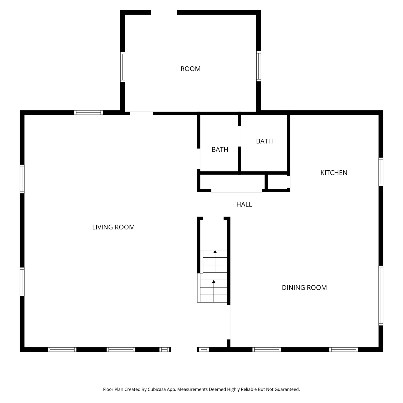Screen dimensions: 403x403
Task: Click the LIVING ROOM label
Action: click(113, 227)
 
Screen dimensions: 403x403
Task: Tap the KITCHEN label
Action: click(334, 173)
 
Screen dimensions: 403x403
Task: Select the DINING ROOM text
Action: click(304, 287)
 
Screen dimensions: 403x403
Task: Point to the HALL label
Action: click(244, 204)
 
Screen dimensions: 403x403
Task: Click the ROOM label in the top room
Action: click(190, 69)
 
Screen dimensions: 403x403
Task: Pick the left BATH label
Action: click(220, 149)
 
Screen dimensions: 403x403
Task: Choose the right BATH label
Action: click(264, 141)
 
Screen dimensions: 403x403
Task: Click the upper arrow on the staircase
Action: click(215, 261)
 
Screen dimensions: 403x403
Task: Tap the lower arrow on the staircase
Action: click(214, 291)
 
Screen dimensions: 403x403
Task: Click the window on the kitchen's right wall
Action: click(381, 172)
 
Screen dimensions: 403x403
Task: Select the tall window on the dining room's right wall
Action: click(381, 296)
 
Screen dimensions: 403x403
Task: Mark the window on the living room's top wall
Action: click(88, 113)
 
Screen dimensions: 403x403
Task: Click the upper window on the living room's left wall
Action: click(22, 179)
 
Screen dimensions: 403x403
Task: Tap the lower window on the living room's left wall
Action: click(22, 282)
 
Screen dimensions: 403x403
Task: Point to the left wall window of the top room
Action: click(123, 67)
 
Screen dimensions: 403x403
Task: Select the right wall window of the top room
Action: click(258, 66)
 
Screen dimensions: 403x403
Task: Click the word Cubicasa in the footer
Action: click(157, 389)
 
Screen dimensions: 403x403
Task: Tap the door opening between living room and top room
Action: click(141, 113)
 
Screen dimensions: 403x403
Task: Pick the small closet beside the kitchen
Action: click(277, 182)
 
